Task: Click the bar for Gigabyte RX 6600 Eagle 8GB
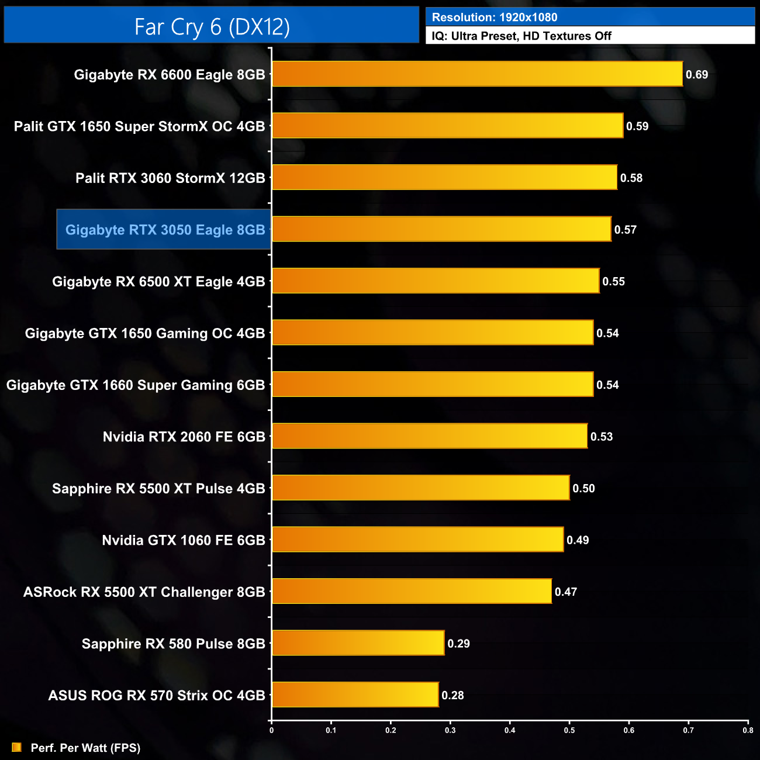point(477,74)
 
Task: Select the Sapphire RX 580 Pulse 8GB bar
point(358,643)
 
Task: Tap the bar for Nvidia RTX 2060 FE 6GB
point(430,436)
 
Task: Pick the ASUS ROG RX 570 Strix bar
point(355,695)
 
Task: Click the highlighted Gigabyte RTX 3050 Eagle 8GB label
point(165,230)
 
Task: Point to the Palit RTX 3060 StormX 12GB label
point(170,178)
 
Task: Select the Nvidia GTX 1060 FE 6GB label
point(184,540)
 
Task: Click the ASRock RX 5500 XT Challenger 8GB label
point(144,592)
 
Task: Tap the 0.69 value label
point(697,75)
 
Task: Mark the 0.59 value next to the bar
point(637,126)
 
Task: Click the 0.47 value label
point(566,592)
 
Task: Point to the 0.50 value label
point(583,489)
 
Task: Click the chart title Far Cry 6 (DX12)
point(212,26)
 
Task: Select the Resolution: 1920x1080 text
point(495,18)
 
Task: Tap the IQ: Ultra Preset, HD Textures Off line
point(521,36)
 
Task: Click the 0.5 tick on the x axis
point(569,730)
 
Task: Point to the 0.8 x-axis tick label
point(748,730)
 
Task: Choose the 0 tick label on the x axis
point(271,730)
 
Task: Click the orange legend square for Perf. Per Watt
point(16,748)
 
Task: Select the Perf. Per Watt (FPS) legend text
point(85,748)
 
